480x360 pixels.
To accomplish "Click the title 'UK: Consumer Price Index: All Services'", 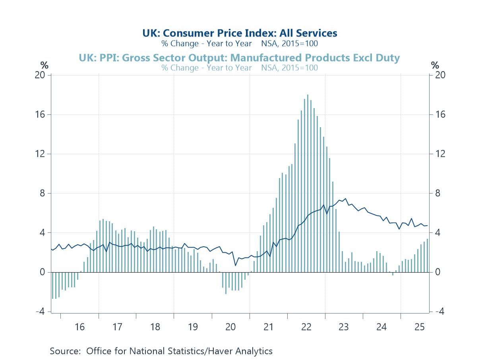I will (240, 33).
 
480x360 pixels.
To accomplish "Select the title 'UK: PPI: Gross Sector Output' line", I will (239, 58).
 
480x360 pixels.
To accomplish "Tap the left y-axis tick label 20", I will (41, 75).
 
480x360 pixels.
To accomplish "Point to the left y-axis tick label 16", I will (41, 114).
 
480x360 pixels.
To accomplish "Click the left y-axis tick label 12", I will (41, 154).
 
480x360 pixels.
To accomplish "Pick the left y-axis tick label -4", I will (40, 312).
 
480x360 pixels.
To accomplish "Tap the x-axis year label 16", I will (79, 327).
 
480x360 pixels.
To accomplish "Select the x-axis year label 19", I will (193, 327).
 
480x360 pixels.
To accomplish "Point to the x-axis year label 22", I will (306, 327).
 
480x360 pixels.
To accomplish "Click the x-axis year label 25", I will (419, 327).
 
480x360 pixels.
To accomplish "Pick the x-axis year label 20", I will (230, 327).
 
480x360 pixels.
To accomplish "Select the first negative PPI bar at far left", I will (52, 285).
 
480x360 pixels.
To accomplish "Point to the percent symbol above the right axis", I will (435, 65).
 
